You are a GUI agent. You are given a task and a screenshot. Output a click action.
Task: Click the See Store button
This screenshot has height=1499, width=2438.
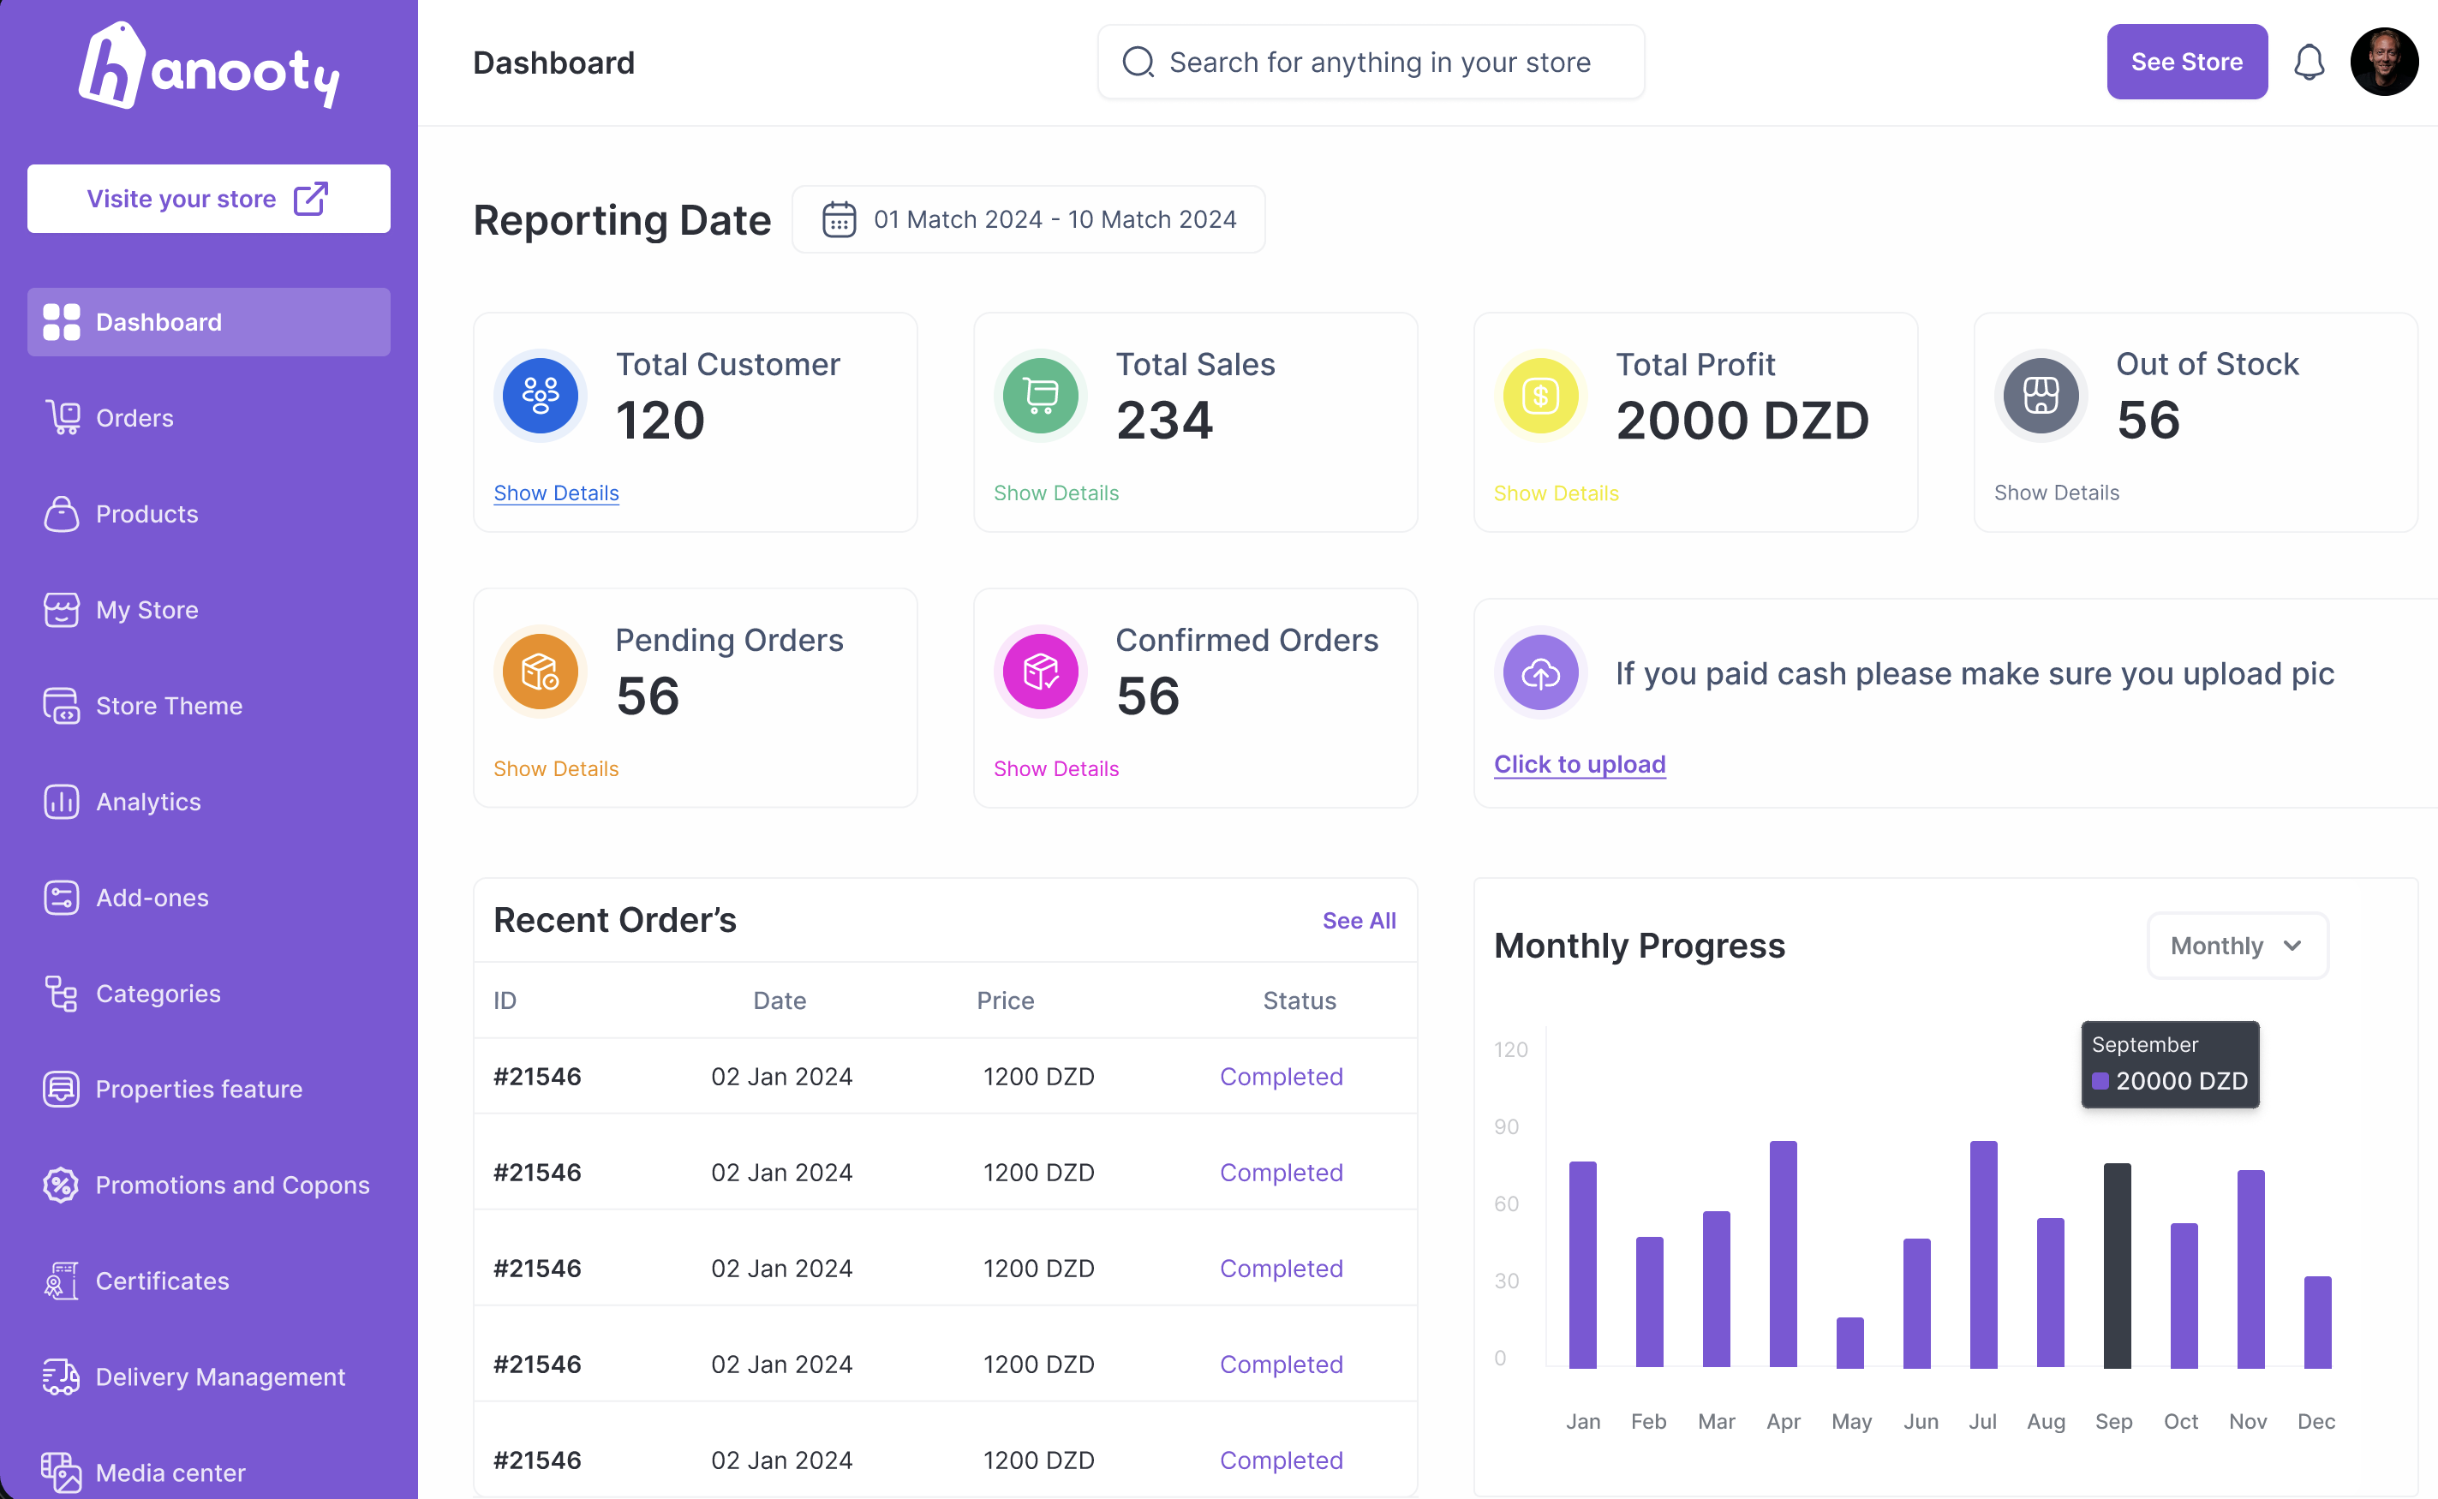click(x=2186, y=62)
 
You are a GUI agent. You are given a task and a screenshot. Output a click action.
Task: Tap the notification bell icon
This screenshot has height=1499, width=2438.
click(x=2310, y=63)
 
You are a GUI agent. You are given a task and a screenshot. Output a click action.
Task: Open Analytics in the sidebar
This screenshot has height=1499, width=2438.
click(x=147, y=801)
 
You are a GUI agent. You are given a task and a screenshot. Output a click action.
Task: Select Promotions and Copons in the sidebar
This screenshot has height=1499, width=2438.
click(x=232, y=1185)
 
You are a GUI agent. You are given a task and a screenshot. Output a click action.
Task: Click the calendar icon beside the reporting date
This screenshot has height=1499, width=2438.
click(x=839, y=219)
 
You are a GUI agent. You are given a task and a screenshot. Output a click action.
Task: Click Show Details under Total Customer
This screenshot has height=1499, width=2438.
click(x=556, y=493)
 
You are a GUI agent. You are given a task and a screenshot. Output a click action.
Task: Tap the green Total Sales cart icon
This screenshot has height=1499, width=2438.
click(x=1040, y=396)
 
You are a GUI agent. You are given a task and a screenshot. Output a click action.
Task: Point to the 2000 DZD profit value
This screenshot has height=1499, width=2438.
click(x=1742, y=421)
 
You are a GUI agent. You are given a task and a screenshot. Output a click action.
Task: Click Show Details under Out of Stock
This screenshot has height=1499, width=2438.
click(x=2056, y=493)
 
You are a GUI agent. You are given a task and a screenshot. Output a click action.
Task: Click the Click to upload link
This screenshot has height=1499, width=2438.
click(x=1580, y=764)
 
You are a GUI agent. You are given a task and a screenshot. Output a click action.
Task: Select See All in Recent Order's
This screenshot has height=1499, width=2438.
click(x=1359, y=920)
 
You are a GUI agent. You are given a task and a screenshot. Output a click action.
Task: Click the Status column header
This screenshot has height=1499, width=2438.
click(x=1299, y=1000)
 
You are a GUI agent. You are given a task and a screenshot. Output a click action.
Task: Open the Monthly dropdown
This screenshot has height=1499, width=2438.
click(x=2237, y=946)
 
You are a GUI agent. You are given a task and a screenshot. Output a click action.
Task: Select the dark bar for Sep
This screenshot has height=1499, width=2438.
click(x=2117, y=1266)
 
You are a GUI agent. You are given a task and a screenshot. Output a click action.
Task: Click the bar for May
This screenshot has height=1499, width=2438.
click(x=1849, y=1343)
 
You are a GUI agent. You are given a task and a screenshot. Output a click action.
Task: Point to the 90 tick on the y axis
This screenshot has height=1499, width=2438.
click(x=1506, y=1126)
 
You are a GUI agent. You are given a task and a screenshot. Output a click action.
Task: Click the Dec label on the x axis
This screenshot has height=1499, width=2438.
click(x=2316, y=1422)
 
